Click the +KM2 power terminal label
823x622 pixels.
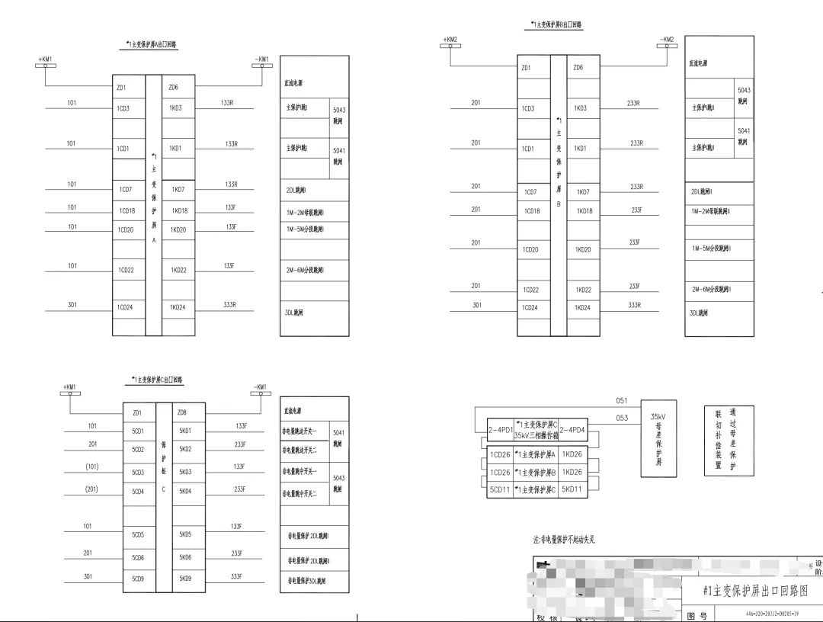point(450,39)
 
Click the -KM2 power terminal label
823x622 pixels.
point(667,39)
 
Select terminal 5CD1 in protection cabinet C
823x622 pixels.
point(138,431)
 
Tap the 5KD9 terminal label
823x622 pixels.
point(186,579)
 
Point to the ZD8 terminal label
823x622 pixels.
point(182,412)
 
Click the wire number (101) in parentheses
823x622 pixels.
point(92,466)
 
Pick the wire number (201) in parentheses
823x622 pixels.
point(92,489)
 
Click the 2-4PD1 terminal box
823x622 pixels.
point(500,430)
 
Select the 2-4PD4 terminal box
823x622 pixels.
point(572,430)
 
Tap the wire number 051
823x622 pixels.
point(622,401)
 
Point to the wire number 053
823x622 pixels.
point(622,418)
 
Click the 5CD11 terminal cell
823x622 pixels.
point(500,489)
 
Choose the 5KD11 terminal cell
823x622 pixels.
point(572,489)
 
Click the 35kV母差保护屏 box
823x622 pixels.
point(658,438)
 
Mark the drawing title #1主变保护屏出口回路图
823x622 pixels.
point(754,591)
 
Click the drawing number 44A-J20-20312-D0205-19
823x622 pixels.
point(771,614)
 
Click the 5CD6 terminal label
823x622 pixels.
point(138,557)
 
